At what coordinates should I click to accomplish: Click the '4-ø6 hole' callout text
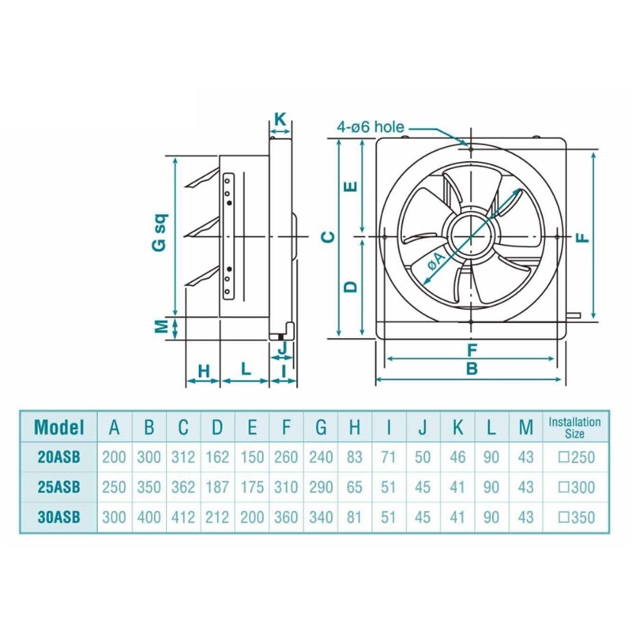pos(371,127)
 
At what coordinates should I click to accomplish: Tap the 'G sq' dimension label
pos(160,232)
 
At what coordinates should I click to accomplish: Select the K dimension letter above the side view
pos(280,119)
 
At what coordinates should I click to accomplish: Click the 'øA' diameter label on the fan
pos(434,262)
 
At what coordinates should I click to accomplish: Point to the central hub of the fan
pos(471,236)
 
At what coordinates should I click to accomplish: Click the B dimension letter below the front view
pos(472,368)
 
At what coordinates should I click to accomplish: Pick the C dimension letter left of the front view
pos(329,237)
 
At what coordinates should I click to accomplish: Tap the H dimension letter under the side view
pos(205,371)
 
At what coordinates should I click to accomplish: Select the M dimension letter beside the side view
pos(161,326)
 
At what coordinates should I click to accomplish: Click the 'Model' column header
pos(59,427)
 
